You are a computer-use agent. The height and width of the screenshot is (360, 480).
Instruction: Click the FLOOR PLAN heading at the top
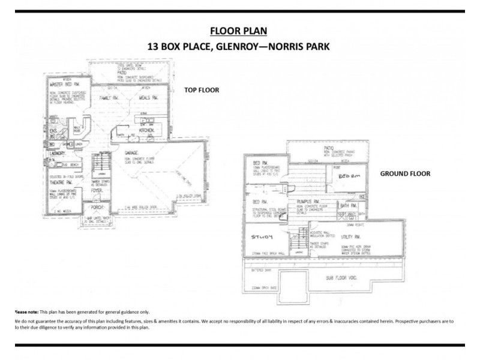point(239,31)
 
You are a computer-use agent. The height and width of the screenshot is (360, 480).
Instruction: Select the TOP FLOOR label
point(201,90)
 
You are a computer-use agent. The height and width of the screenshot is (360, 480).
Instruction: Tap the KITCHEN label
point(148,130)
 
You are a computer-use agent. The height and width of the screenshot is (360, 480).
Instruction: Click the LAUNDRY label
point(57,154)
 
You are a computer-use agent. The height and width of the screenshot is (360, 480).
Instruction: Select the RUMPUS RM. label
point(307,201)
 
